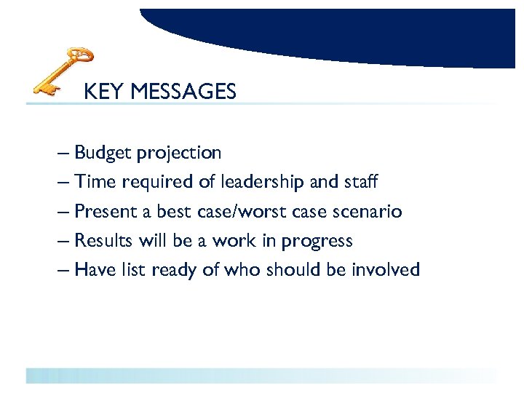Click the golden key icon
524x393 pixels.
click(64, 71)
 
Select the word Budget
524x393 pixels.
click(101, 154)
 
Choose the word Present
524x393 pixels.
click(104, 212)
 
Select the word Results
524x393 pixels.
click(103, 241)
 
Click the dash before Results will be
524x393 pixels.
click(63, 242)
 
